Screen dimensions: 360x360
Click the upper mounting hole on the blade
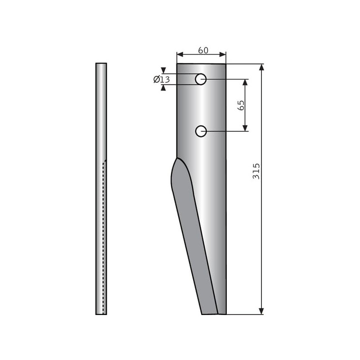pos(201,79)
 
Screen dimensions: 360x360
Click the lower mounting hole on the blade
pos(201,131)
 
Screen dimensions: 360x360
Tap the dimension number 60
pos(203,50)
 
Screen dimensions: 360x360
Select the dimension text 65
pos(241,105)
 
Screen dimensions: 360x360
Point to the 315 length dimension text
pos(256,171)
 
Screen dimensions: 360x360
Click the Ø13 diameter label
pos(162,80)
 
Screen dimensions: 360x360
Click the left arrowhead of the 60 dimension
pos(180,54)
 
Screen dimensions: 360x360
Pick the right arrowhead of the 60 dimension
pos(223,54)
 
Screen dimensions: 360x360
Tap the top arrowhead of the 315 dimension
pos(261,67)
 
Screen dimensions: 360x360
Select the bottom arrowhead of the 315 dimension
pos(261,311)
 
